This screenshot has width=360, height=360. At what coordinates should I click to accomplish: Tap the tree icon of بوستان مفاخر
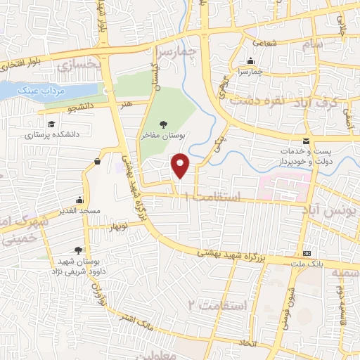[164, 124]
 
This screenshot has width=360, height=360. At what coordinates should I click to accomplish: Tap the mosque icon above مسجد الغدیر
[79, 200]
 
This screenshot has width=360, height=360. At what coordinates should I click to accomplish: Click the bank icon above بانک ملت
[306, 253]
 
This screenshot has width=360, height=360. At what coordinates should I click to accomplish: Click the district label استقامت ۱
[215, 198]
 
